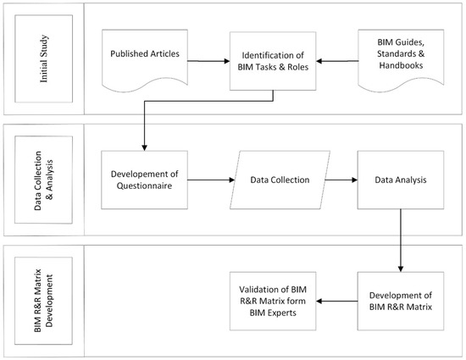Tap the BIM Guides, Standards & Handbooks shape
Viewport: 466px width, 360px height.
[x=401, y=56]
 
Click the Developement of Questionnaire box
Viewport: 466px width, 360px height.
[x=142, y=180]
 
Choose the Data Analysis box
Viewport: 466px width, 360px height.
[x=400, y=180]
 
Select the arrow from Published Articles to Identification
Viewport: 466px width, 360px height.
[x=207, y=58]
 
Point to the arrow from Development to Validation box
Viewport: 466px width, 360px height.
[x=336, y=297]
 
